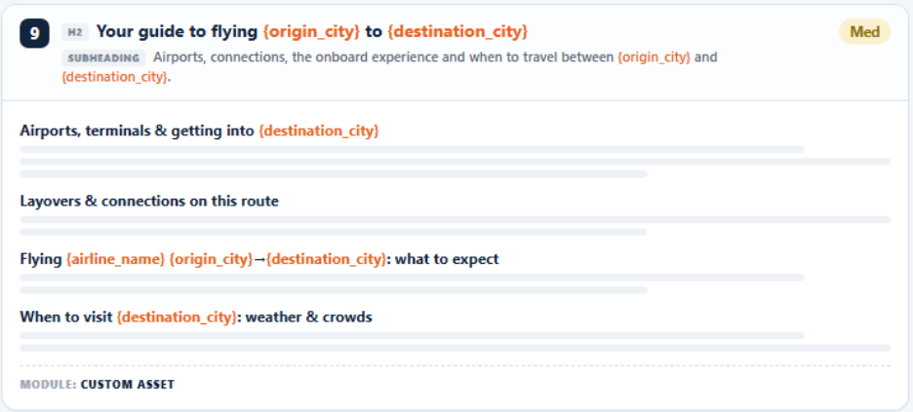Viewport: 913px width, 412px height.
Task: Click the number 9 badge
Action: (x=34, y=33)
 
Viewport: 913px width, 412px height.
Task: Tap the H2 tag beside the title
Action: (x=75, y=32)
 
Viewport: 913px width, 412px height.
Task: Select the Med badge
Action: (x=864, y=32)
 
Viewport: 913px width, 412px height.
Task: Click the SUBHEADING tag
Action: (x=103, y=58)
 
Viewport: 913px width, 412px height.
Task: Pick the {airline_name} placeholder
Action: (x=116, y=259)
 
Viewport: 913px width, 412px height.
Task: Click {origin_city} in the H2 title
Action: (x=311, y=32)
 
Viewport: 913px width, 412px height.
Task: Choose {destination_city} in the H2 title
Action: (x=457, y=32)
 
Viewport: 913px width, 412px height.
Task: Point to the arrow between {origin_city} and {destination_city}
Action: (x=259, y=259)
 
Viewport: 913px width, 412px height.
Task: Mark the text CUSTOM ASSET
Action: (x=128, y=385)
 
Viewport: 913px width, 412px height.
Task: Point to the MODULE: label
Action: (x=49, y=385)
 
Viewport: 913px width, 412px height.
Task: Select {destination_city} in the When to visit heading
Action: (x=177, y=318)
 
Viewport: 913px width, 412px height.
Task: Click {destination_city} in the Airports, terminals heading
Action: (x=319, y=131)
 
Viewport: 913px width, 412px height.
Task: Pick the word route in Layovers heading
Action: (x=261, y=202)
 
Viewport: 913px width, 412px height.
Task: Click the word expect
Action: (x=478, y=260)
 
